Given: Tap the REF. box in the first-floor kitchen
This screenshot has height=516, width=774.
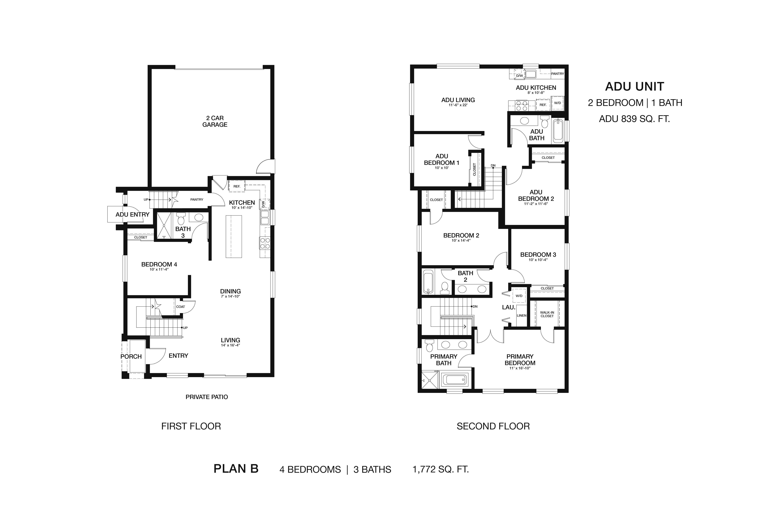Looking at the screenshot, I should coord(237,186).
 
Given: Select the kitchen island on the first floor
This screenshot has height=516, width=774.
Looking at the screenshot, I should coord(234,236).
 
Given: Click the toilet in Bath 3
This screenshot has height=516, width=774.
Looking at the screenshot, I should coord(181,219).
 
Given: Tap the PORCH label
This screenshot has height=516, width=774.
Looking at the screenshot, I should coord(131,356).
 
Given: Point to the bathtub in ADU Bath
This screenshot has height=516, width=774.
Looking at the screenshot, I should coord(558,131).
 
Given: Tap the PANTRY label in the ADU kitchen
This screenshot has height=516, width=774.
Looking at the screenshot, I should coord(557,74).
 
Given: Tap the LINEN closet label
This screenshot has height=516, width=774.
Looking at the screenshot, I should coord(522,315).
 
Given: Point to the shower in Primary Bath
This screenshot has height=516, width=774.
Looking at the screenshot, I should coord(430,381).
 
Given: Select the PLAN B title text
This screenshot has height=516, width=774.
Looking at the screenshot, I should coord(236,469).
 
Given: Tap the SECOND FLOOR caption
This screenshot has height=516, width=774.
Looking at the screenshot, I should coord(493,426).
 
